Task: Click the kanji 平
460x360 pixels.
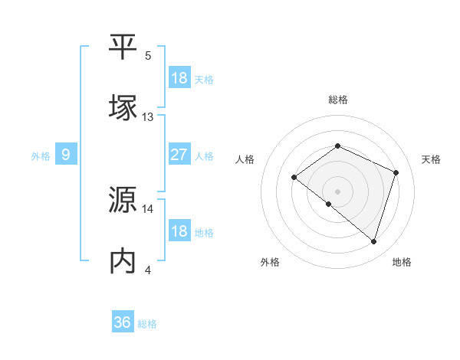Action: point(123,47)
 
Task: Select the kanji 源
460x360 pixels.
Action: point(123,200)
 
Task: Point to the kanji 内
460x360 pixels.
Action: point(123,261)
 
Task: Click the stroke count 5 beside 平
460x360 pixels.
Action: point(148,55)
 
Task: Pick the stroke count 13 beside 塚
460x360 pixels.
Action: point(148,117)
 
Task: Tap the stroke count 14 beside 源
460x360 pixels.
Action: point(148,208)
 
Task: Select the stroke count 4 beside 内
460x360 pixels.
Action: point(148,270)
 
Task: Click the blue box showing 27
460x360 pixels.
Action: point(179,155)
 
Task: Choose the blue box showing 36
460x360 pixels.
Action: point(123,322)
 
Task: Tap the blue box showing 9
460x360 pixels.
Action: point(66,155)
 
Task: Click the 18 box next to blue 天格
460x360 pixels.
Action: point(179,77)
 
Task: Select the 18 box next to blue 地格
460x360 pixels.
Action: point(179,231)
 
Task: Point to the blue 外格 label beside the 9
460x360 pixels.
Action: point(41,155)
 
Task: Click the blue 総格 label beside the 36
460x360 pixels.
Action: point(148,324)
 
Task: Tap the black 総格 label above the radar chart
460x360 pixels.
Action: point(337,100)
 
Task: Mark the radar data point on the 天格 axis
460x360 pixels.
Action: point(396,172)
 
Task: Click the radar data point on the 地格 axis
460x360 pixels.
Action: point(373,241)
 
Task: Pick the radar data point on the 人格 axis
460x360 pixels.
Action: point(294,178)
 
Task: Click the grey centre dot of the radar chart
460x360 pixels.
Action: point(337,191)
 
